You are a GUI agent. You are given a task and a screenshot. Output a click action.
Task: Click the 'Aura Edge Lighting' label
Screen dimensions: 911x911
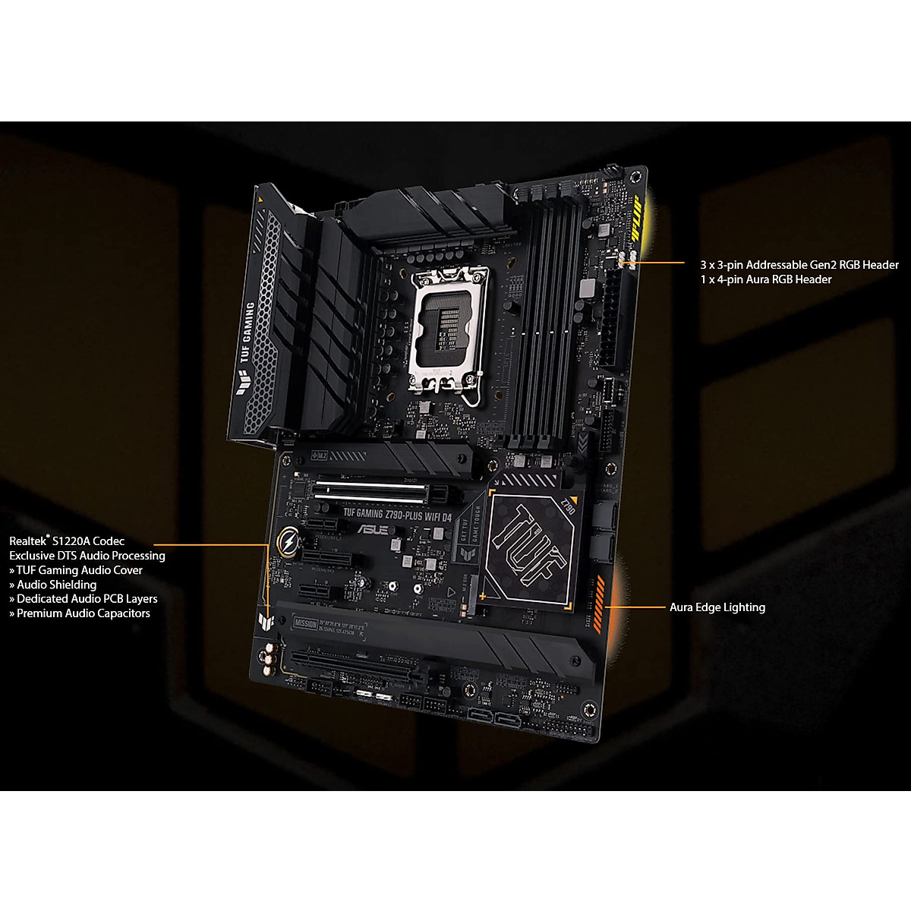click(x=717, y=607)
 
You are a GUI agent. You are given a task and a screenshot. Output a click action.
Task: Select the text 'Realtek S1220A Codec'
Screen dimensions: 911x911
click(x=67, y=541)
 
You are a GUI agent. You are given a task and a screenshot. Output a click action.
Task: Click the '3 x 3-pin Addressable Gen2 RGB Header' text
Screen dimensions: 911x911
click(x=799, y=265)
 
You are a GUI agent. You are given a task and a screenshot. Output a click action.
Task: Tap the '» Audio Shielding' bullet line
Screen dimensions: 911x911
click(x=52, y=585)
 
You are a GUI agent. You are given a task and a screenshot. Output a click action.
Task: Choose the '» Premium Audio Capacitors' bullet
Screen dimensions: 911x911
click(x=79, y=613)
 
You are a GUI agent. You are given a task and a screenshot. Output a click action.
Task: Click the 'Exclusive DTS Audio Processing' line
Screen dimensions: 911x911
click(x=87, y=556)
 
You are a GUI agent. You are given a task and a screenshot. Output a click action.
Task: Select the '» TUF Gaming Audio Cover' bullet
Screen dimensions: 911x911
click(x=75, y=570)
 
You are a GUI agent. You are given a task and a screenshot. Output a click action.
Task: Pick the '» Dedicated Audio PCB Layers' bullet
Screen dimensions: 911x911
click(x=83, y=599)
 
